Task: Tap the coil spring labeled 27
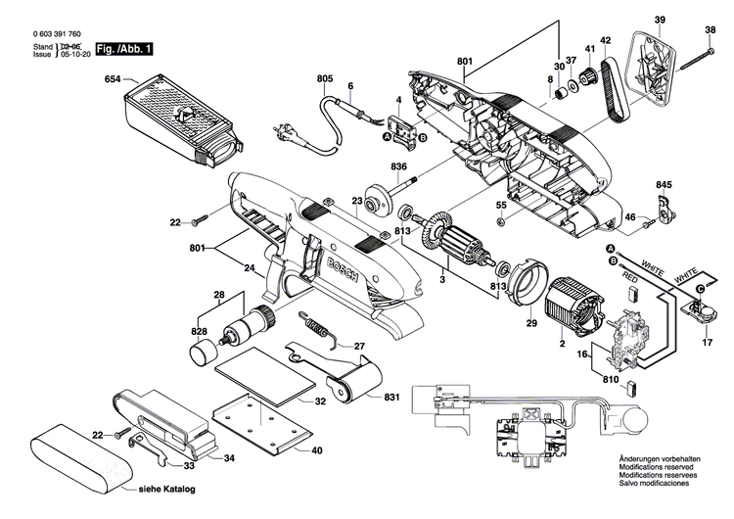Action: [316, 327]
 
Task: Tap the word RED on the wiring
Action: [630, 278]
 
